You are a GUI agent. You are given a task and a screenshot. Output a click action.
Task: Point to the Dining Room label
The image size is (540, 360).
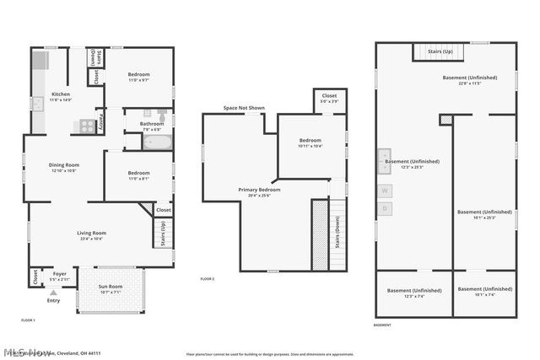64,167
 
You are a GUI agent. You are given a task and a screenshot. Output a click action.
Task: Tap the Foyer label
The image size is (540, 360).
59,275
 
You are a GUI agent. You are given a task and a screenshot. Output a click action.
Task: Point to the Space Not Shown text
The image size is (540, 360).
244,108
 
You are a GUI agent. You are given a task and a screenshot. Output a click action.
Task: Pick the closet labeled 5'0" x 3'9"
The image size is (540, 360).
329,99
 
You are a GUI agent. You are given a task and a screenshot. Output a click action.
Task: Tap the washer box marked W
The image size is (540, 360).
385,191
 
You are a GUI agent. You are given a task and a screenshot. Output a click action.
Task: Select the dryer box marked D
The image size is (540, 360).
385,207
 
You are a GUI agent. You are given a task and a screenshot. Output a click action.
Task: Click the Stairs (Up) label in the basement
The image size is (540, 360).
440,52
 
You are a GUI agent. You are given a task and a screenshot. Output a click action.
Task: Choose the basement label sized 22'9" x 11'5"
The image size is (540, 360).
470,80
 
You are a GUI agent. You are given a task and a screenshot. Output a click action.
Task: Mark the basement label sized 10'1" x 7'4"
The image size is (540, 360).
484,292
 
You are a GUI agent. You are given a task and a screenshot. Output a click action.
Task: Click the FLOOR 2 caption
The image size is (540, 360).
208,279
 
